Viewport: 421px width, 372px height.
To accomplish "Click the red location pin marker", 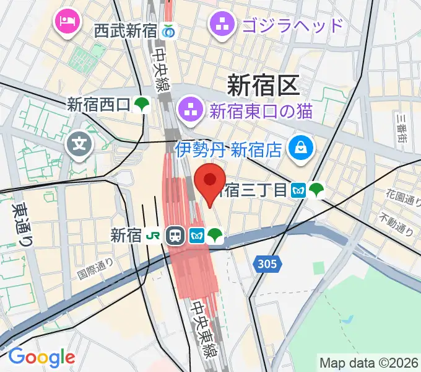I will coord(210,181).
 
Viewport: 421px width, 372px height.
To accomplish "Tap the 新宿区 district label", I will coord(263,84).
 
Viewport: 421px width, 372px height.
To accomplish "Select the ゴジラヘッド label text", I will coord(293,25).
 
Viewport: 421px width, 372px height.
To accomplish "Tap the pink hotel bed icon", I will coord(65,22).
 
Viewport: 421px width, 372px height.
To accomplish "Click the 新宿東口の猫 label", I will coord(261,112).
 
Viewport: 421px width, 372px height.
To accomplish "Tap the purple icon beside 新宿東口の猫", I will coord(187,112).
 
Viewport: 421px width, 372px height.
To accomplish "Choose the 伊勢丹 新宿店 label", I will coord(228,149).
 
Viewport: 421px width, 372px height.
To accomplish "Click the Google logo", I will coord(41,358).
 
